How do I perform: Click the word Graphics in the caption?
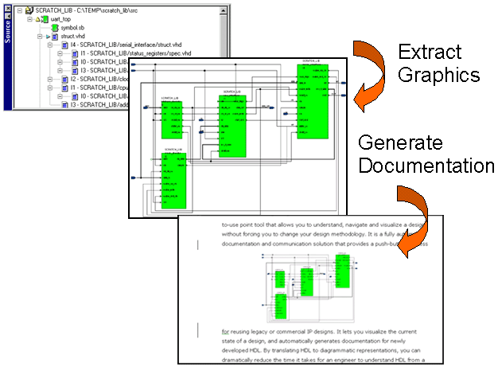440,76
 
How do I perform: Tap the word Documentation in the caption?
426,166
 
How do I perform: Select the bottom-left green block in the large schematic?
174,179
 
